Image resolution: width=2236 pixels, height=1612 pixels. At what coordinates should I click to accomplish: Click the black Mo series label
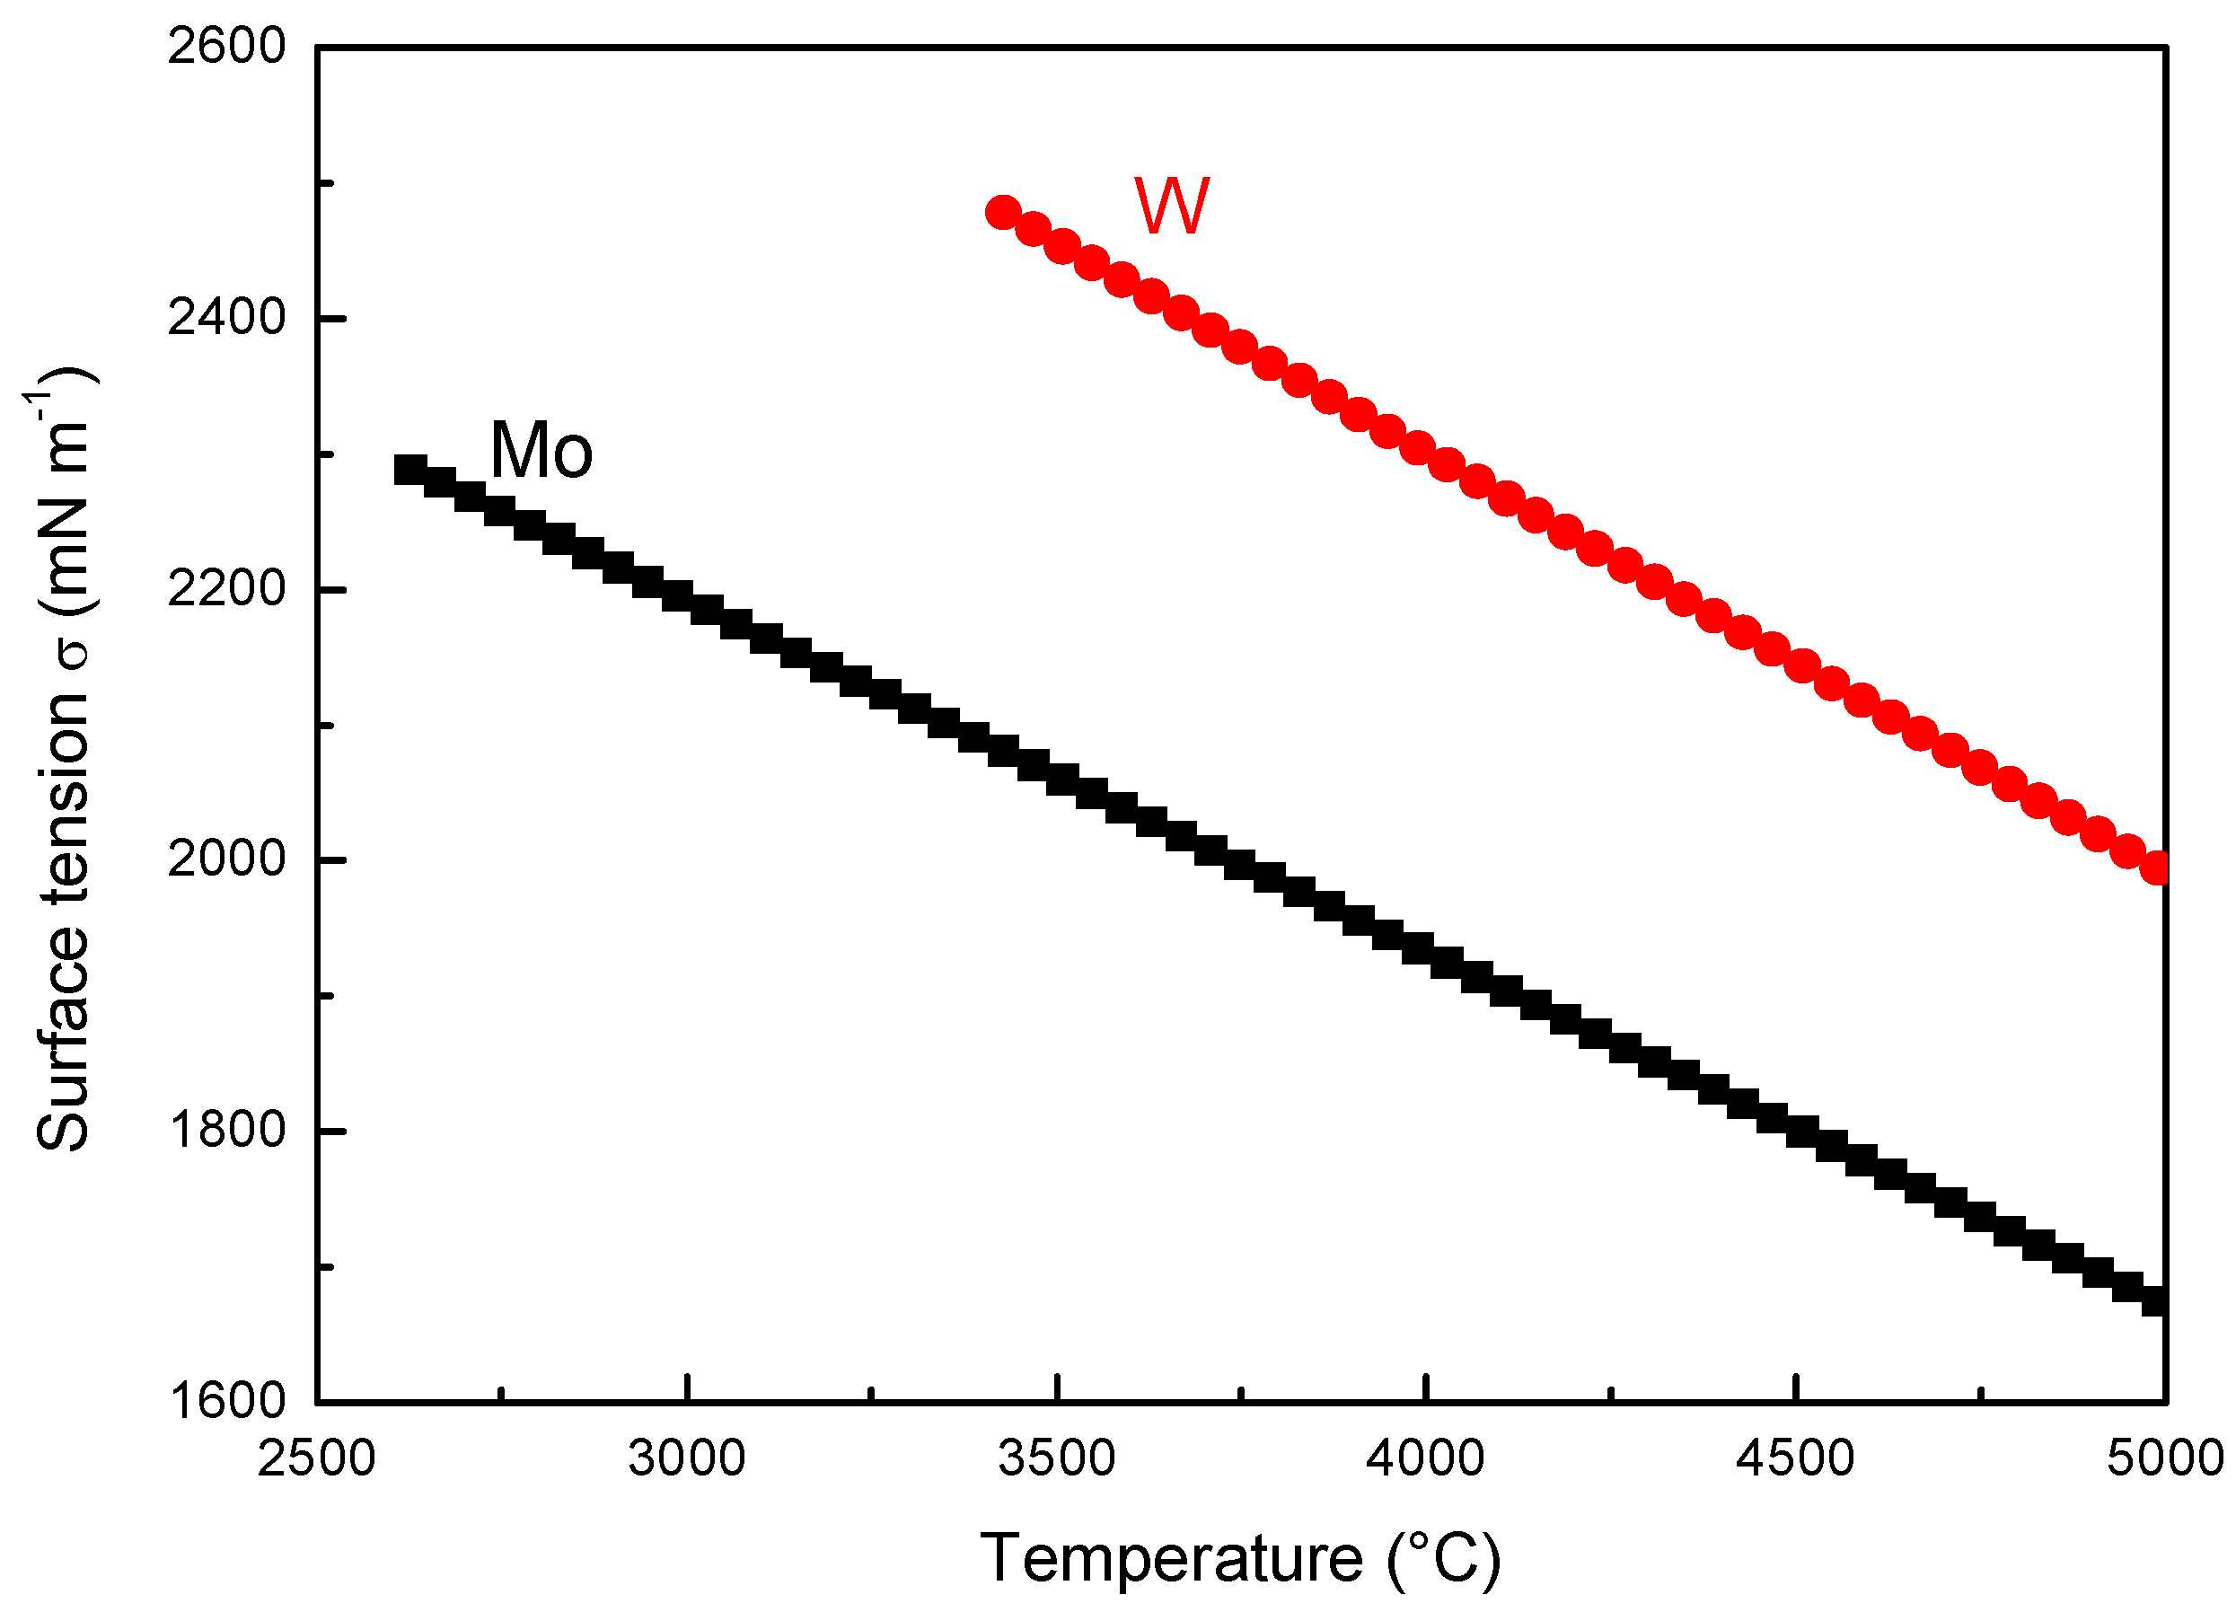[x=541, y=451]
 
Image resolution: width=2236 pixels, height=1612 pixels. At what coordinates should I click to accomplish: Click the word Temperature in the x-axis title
[x=1171, y=1559]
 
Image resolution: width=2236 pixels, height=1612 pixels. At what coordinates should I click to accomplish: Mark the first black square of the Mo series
[x=410, y=470]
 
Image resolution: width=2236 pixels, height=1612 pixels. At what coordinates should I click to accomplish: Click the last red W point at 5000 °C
[x=2156, y=868]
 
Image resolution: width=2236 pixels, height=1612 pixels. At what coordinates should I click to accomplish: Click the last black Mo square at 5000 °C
[x=2156, y=1301]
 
